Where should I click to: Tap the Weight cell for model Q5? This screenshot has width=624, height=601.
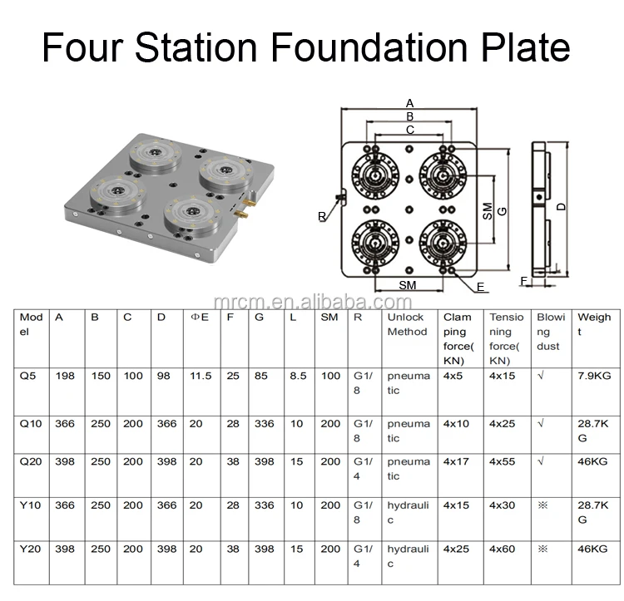(x=594, y=376)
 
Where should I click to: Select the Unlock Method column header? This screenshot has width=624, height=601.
(x=407, y=324)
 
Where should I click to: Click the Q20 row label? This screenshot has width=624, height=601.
(x=31, y=461)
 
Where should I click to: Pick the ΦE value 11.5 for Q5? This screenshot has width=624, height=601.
(x=201, y=376)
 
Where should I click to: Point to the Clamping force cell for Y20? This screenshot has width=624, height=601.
(x=456, y=549)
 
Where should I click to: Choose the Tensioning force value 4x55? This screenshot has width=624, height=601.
(x=503, y=461)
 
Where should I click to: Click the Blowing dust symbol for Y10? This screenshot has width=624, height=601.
(x=542, y=505)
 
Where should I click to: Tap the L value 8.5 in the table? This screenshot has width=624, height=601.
(x=298, y=376)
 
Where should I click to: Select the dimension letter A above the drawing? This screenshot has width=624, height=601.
(x=409, y=103)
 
